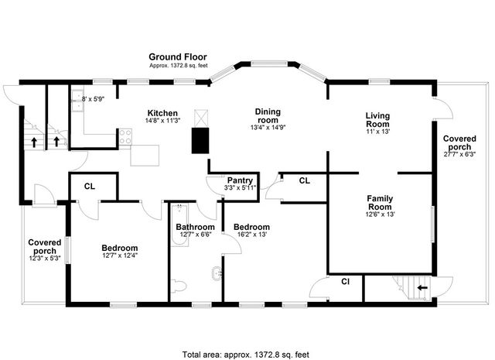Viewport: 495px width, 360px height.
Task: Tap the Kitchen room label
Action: point(162,112)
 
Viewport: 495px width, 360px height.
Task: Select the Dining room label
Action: point(268,116)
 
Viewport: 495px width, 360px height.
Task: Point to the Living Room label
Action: point(377,120)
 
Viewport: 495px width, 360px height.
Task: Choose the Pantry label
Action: point(240,180)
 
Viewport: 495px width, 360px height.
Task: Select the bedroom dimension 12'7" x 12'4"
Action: point(119,257)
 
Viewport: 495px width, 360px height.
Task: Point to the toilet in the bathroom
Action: point(180,286)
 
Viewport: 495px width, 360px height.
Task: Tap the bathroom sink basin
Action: point(214,272)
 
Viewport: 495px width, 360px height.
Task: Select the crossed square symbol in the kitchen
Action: point(203,116)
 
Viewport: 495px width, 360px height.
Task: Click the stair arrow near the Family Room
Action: point(422,287)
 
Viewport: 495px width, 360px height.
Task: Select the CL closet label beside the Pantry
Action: point(304,180)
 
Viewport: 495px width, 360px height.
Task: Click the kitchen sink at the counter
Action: point(78,99)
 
